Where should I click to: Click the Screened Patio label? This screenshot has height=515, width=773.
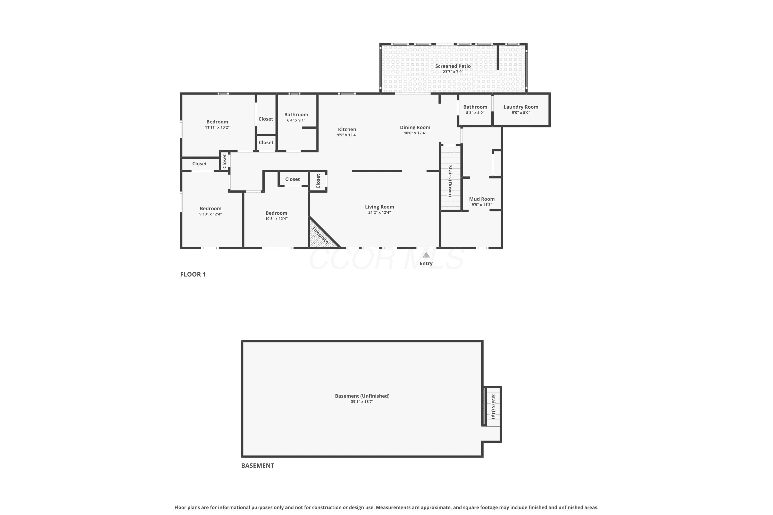[x=453, y=66]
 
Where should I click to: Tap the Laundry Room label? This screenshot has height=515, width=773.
[x=521, y=107]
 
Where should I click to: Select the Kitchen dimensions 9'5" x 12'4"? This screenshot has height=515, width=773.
[x=347, y=135]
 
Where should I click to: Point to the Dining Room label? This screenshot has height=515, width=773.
[x=415, y=127]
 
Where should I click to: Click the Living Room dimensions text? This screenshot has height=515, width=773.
[x=380, y=212]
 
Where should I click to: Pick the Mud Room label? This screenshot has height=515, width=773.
[x=482, y=199]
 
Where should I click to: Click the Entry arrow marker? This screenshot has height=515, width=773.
[x=426, y=255]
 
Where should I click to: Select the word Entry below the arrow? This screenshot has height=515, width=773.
[x=426, y=263]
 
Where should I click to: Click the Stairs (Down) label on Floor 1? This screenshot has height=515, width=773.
[x=450, y=181]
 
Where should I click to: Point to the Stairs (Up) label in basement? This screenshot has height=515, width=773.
[x=493, y=407]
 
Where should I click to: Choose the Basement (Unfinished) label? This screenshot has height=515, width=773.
[x=362, y=396]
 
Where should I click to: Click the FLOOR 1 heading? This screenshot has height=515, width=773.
[x=193, y=274]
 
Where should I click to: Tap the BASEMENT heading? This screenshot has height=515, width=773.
[x=258, y=465]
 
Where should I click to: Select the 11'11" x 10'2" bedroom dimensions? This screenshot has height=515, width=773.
[x=217, y=127]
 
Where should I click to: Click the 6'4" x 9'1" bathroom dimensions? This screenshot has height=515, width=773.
[x=296, y=120]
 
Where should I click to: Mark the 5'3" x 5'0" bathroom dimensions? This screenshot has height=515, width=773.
[x=475, y=113]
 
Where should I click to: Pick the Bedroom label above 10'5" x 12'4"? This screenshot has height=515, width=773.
[x=276, y=213]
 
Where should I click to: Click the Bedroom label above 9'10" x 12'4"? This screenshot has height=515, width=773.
[x=211, y=209]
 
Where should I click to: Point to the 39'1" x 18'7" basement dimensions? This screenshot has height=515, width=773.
[x=362, y=402]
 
